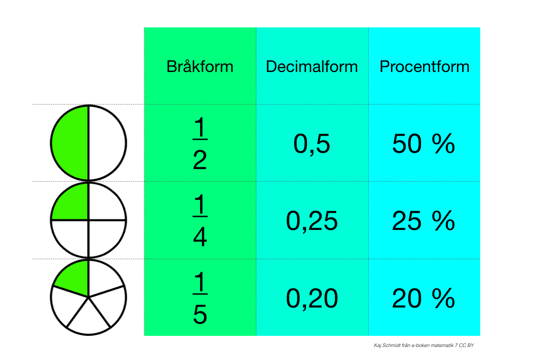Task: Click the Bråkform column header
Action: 200,66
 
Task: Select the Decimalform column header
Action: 312,66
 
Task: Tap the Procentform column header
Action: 424,66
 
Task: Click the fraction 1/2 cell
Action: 200,143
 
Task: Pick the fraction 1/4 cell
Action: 200,221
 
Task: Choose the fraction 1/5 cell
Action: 200,298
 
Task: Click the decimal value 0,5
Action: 312,144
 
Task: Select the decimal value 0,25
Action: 312,221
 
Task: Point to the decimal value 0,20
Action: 312,298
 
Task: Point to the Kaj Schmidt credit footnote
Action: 424,345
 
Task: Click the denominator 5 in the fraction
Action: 200,314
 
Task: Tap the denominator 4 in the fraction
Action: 200,237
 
